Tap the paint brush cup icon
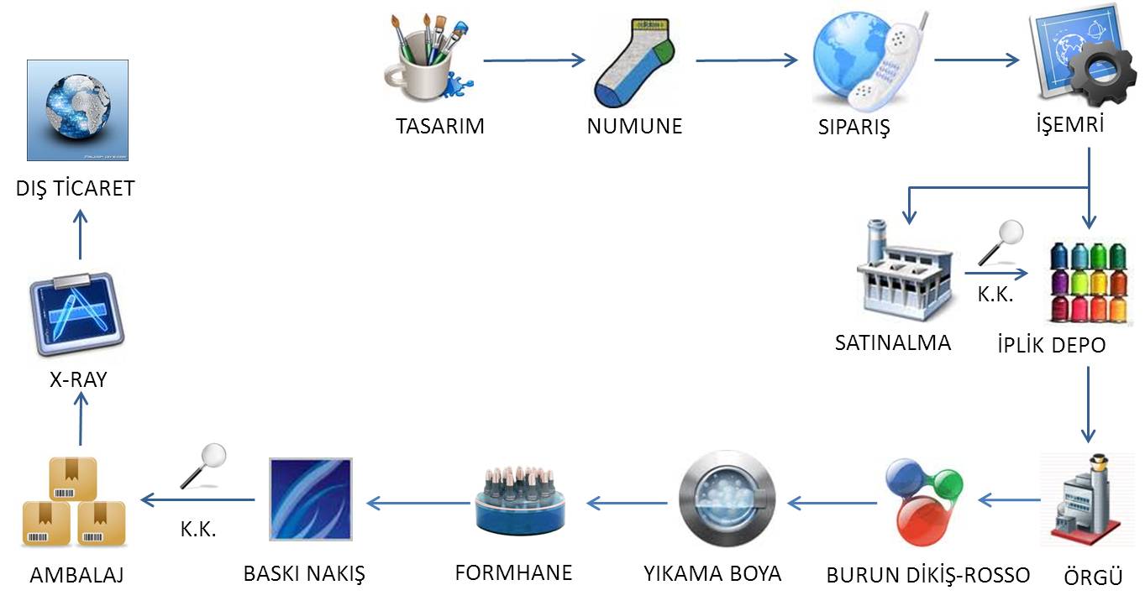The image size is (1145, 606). pyautogui.click(x=427, y=56)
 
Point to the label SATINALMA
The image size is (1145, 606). pyautogui.click(x=892, y=342)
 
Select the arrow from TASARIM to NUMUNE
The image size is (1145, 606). pyautogui.click(x=533, y=60)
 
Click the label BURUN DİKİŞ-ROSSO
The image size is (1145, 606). pyautogui.click(x=927, y=576)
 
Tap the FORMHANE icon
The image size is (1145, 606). pyautogui.click(x=518, y=501)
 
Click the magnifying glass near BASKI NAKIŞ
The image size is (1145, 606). pyautogui.click(x=206, y=464)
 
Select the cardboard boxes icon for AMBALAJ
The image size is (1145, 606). pyautogui.click(x=73, y=502)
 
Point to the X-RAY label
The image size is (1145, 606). pyautogui.click(x=78, y=379)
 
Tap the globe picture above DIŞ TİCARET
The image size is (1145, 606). pyautogui.click(x=77, y=110)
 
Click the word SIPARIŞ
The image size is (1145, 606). pyautogui.click(x=853, y=128)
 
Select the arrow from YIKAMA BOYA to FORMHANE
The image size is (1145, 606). pyautogui.click(x=628, y=503)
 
